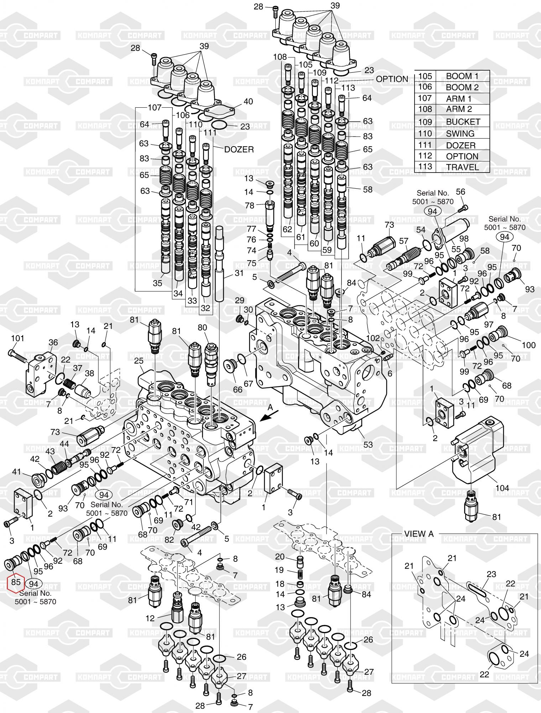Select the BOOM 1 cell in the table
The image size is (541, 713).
462,76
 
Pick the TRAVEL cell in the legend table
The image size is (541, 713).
462,167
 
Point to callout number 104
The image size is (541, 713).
502,488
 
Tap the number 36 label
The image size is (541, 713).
53,342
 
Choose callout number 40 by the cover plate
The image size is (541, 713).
248,101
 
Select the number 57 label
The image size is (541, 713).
404,241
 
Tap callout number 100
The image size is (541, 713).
529,345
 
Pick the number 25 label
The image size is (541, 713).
139,361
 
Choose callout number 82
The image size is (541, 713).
169,539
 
